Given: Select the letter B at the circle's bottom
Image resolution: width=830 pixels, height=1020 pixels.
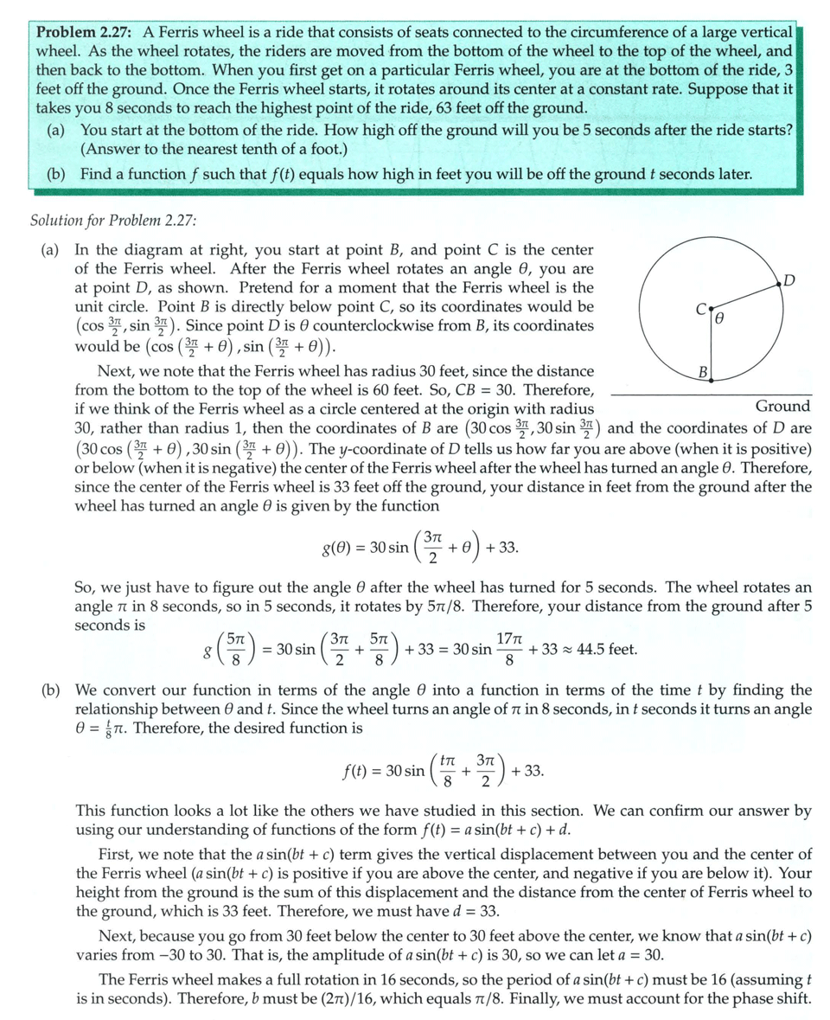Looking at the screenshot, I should point(703,372).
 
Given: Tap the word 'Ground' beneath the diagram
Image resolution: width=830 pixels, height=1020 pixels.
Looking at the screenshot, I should point(782,406).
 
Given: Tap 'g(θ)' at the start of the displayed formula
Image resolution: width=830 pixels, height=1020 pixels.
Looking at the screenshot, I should point(337,548).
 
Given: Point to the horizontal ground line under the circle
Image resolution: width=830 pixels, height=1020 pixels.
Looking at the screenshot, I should point(709,395).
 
